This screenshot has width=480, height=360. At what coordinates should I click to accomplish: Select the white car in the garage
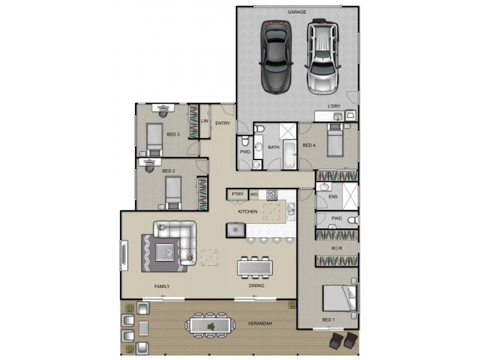(x=323, y=58)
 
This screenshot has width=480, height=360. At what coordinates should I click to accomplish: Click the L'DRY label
(x=334, y=106)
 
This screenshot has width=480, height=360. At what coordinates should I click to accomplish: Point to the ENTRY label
(x=223, y=124)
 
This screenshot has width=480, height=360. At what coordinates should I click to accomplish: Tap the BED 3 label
(x=173, y=134)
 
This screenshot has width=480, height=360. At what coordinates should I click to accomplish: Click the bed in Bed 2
(x=173, y=193)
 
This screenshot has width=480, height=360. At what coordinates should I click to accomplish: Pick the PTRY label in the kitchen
(x=237, y=194)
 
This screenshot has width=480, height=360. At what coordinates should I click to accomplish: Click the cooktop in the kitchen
(x=271, y=194)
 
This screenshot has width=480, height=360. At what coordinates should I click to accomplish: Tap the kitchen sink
(x=290, y=209)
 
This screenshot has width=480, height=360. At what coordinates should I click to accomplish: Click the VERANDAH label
(x=260, y=324)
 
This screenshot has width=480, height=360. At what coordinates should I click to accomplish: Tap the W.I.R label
(x=336, y=248)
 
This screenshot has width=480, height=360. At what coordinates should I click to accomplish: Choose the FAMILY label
(x=161, y=287)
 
